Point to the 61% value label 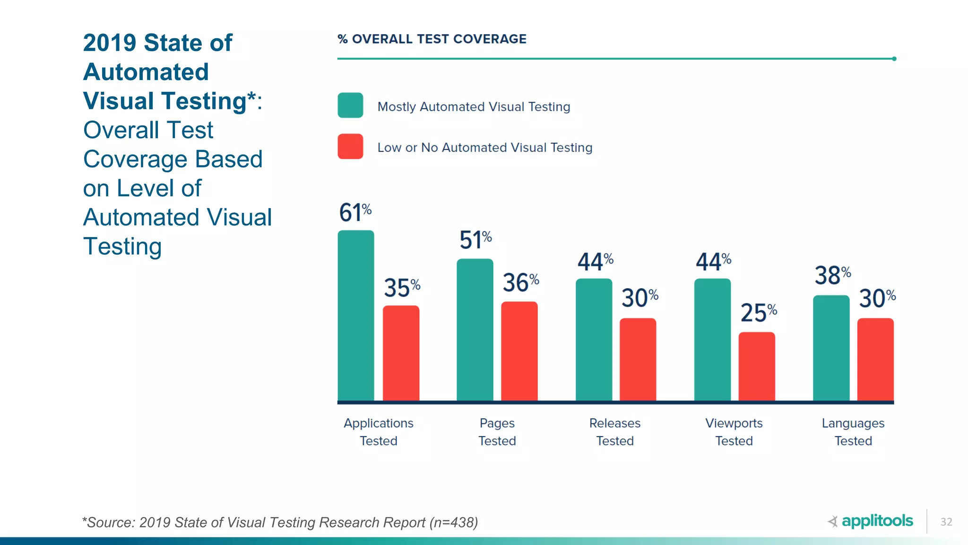355,212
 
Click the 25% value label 758,313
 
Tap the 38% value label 832,275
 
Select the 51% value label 475,240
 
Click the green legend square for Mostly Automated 350,105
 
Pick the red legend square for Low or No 350,147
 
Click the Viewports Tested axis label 734,431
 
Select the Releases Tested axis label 614,431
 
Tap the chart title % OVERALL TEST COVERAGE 432,39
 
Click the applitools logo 871,521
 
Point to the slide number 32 946,522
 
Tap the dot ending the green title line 894,59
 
